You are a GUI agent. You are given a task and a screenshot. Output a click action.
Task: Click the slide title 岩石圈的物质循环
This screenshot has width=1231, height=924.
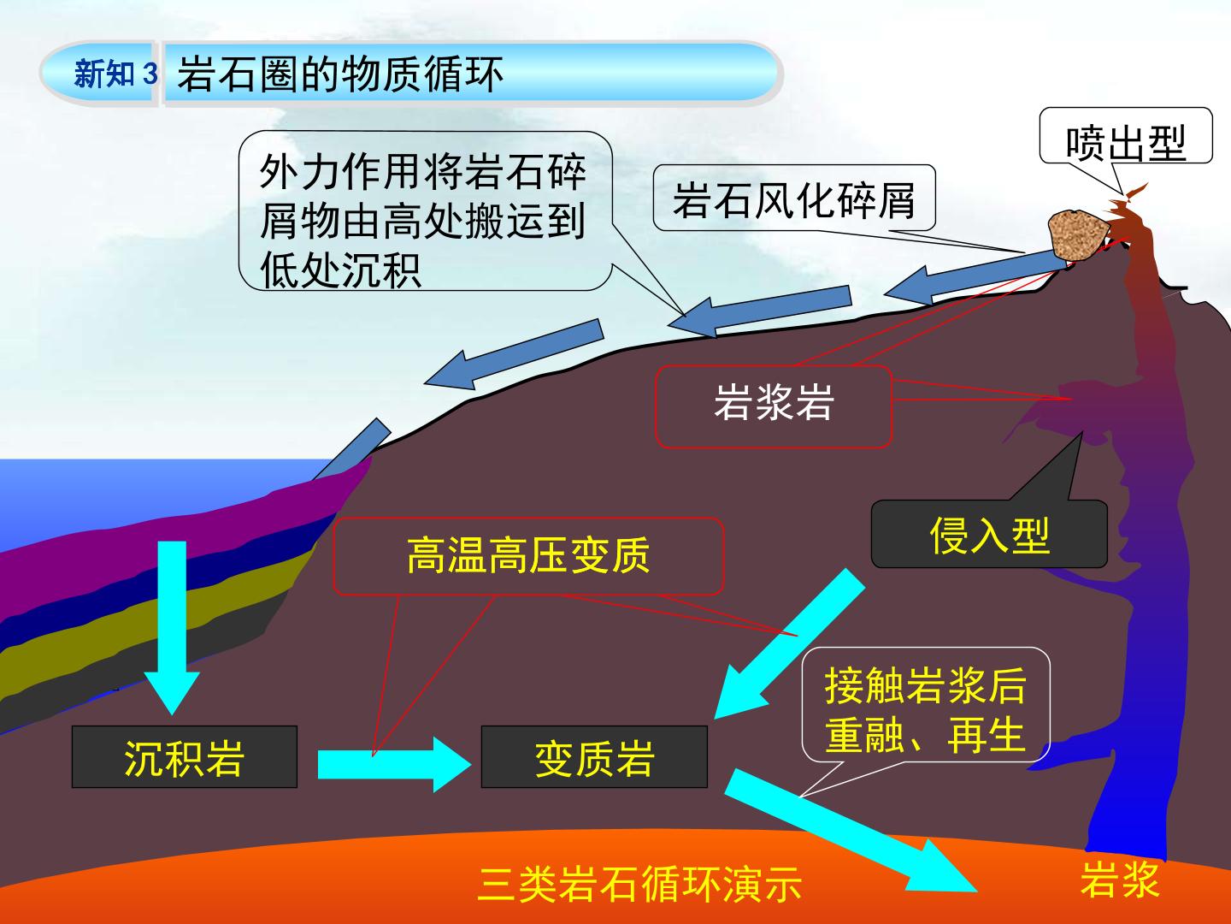click(x=340, y=74)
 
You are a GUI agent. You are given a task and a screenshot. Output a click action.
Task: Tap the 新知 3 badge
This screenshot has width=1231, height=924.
click(x=115, y=74)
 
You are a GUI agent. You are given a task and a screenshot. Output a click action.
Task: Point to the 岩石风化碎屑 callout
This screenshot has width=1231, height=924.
click(x=794, y=198)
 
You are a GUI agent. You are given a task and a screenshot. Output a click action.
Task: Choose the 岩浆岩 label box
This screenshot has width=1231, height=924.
click(x=774, y=406)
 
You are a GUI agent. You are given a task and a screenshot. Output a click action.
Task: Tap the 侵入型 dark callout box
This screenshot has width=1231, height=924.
click(x=989, y=534)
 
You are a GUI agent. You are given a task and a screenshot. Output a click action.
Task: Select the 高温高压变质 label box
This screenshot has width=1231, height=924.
click(x=528, y=556)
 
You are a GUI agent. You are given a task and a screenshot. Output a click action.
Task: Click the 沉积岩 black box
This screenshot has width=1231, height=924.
click(x=185, y=757)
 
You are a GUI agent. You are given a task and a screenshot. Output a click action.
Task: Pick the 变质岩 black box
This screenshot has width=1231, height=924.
click(x=594, y=757)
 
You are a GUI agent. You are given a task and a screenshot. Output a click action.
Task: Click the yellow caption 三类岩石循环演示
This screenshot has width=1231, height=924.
click(x=640, y=884)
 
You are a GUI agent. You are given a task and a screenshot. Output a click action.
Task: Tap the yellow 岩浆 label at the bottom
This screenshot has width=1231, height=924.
click(x=1119, y=880)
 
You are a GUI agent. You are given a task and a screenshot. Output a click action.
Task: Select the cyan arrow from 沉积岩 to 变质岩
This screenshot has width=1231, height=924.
click(x=394, y=764)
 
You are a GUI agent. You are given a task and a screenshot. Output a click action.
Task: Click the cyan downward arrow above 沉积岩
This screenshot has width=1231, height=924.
click(x=172, y=628)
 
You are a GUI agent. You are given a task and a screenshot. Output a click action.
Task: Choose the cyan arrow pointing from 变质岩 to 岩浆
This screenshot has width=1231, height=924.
click(x=851, y=830)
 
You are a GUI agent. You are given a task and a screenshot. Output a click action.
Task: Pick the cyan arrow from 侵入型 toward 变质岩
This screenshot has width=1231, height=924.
click(x=790, y=643)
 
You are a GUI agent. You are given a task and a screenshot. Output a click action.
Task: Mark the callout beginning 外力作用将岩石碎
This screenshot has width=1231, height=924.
click(x=425, y=211)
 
